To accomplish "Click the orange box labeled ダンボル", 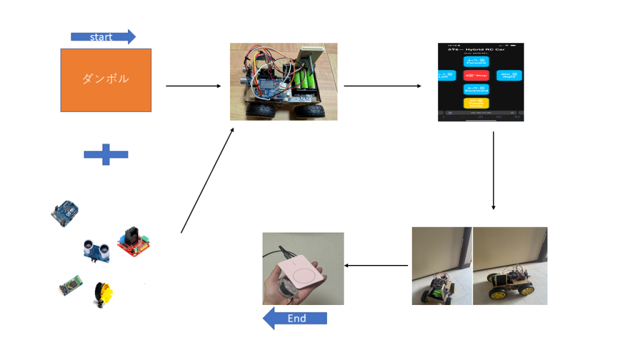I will coord(106,79).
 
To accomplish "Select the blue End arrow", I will coord(295,319).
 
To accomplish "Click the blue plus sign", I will coord(106,154).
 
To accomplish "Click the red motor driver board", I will coord(134,243).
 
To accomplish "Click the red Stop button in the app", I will coord(476,76).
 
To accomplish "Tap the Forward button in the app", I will coord(476,61).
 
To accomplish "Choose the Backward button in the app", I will coord(476,90).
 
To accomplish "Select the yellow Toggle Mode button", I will coord(476,104).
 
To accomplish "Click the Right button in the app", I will coord(509,76).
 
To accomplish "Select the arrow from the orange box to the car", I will coord(194,86).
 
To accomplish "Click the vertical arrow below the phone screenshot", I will coord(494,170).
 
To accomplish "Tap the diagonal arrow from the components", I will coord(207,180).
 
